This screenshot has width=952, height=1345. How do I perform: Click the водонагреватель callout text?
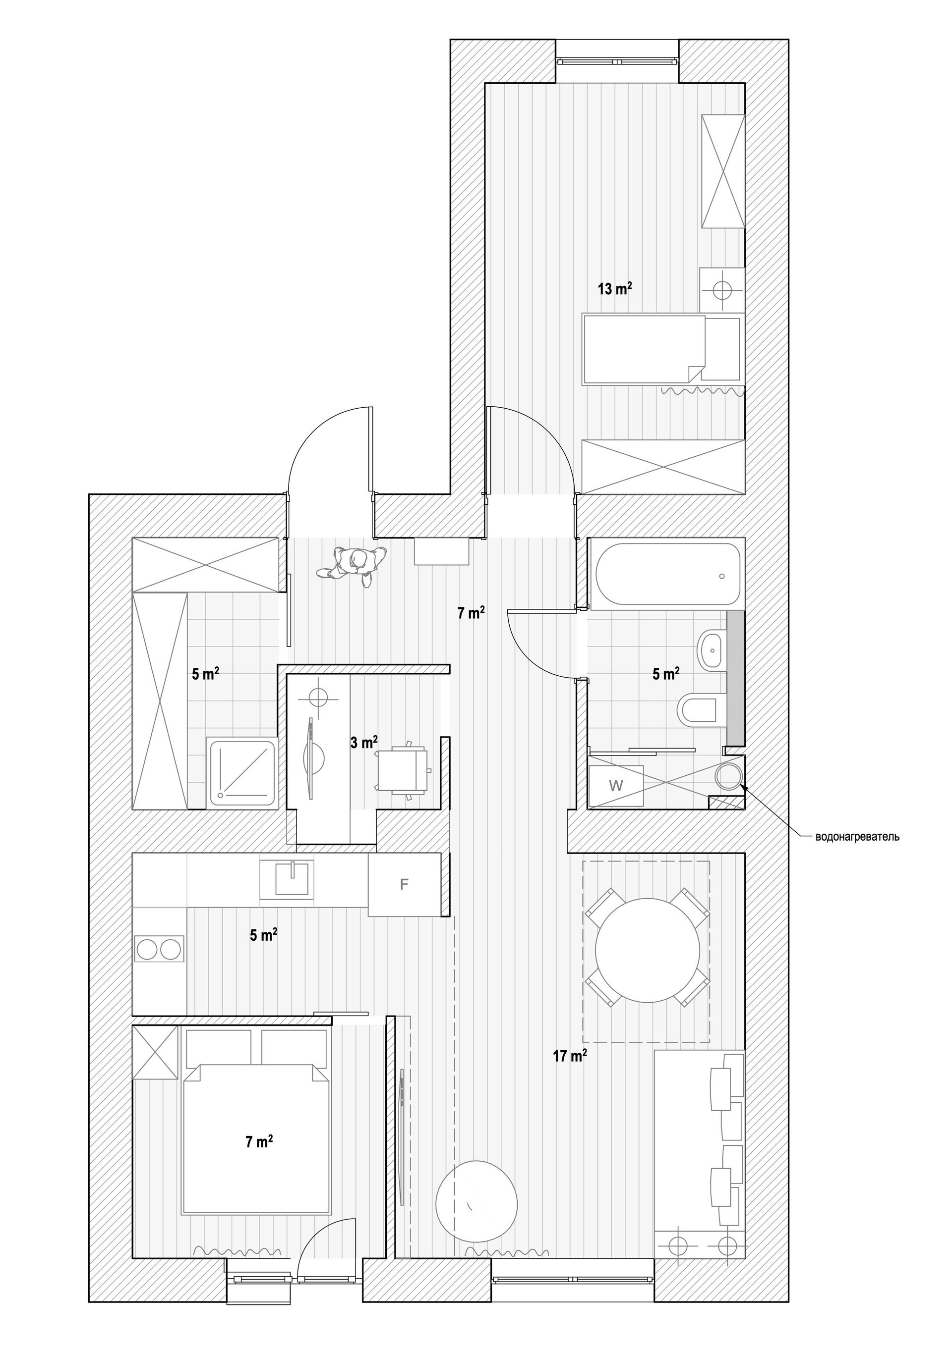tap(857, 837)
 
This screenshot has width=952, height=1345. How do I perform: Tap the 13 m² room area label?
tap(614, 288)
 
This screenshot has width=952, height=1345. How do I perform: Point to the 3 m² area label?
tap(363, 743)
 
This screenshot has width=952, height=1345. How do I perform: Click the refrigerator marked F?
tap(404, 885)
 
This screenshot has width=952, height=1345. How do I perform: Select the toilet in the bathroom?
tap(698, 710)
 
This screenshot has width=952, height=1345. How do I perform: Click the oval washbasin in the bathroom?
tap(712, 649)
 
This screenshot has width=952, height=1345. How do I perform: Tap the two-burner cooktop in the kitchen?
tap(158, 949)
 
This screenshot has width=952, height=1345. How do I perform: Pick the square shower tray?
tap(241, 773)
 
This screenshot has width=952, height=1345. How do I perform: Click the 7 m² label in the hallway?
tap(471, 613)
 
